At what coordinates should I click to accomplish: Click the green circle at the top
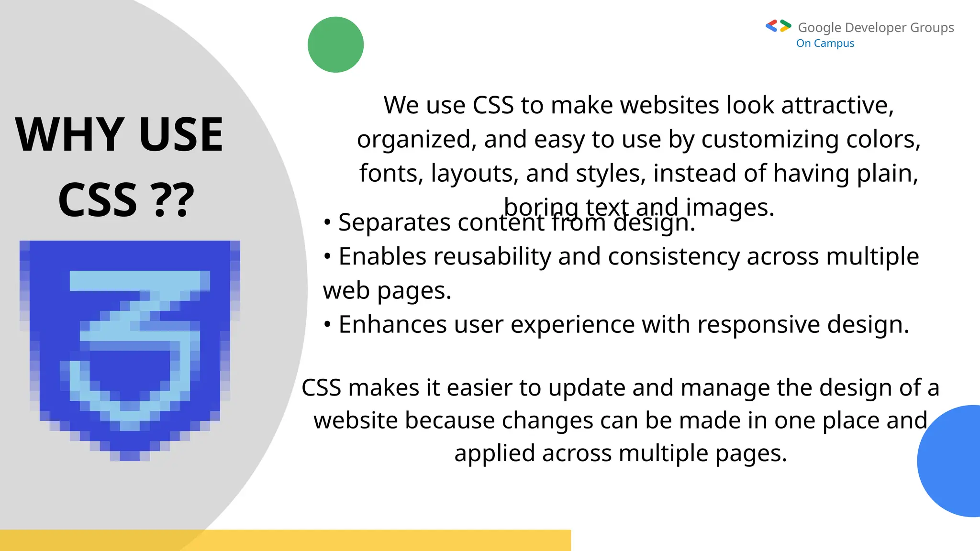(335, 44)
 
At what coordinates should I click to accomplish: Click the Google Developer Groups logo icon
(778, 26)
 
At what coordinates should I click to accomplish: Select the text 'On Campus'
(825, 44)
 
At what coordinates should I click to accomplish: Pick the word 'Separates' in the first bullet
(394, 222)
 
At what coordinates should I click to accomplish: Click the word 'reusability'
(493, 256)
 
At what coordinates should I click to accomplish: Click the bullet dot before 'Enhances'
(327, 325)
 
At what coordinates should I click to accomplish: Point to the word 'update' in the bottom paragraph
(587, 388)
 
